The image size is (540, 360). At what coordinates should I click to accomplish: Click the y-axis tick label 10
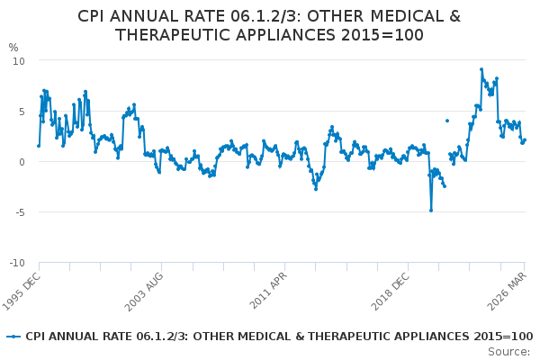click(x=19, y=60)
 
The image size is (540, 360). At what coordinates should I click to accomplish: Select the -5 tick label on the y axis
click(x=19, y=212)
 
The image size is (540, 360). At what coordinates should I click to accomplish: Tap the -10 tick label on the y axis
click(x=16, y=263)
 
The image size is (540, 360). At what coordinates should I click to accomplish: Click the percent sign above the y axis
click(x=13, y=48)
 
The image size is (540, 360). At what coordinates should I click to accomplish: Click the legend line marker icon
click(x=13, y=337)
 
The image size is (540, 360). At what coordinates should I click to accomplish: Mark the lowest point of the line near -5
click(x=431, y=210)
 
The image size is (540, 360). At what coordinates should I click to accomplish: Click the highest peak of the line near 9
click(x=481, y=69)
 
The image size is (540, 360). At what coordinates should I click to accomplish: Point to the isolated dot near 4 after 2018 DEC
click(x=446, y=121)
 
